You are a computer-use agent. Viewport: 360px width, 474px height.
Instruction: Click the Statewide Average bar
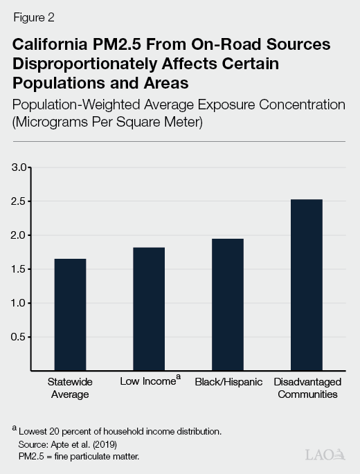pos(70,315)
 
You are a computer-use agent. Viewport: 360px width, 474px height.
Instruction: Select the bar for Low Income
pos(149,309)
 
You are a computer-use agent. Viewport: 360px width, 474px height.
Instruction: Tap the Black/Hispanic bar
pos(228,304)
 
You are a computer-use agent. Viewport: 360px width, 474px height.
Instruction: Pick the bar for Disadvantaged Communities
pos(306,285)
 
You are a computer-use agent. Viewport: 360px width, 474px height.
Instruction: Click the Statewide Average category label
pos(69,388)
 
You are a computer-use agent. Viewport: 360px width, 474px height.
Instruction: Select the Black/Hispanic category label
pos(228,381)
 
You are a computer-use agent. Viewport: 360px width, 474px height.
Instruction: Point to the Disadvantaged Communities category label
pos(306,388)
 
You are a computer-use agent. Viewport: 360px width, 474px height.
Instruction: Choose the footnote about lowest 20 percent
pos(119,431)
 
